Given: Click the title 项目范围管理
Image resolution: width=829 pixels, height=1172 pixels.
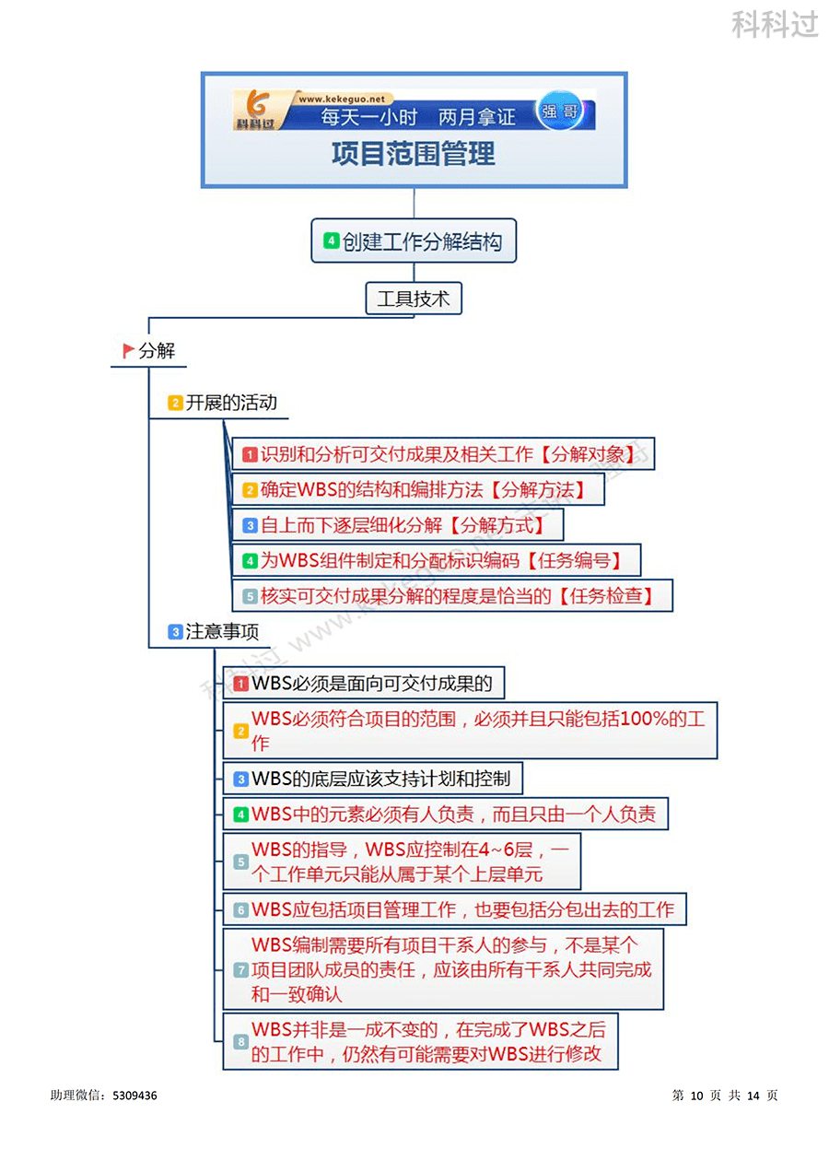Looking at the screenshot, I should (x=414, y=154).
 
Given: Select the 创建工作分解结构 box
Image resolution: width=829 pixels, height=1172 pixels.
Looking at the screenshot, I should (x=414, y=241).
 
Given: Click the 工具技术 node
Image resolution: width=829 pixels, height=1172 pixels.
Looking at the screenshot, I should (x=414, y=299).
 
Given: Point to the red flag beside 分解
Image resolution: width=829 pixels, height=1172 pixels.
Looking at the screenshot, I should (x=128, y=350).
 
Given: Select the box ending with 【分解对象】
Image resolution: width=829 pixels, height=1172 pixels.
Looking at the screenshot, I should (x=443, y=454).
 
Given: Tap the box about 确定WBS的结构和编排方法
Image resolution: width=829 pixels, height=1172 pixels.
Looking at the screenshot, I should (x=418, y=489).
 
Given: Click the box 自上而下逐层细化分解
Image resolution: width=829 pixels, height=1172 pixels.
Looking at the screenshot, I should (x=397, y=525).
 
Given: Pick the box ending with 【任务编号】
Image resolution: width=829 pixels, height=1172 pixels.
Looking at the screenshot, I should (x=436, y=560).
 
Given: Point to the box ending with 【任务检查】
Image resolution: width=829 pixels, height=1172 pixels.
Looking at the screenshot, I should (x=452, y=595).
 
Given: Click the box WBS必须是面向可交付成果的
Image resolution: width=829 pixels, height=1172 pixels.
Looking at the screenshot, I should (x=365, y=684).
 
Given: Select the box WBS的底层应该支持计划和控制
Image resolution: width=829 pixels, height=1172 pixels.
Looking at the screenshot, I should (x=373, y=779).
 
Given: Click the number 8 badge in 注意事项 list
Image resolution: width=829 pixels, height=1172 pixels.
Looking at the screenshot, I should (x=240, y=1042).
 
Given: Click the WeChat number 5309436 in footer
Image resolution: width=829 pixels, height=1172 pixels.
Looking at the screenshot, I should (x=134, y=1096).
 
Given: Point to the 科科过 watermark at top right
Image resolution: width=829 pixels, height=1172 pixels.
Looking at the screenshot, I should (x=775, y=25).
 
